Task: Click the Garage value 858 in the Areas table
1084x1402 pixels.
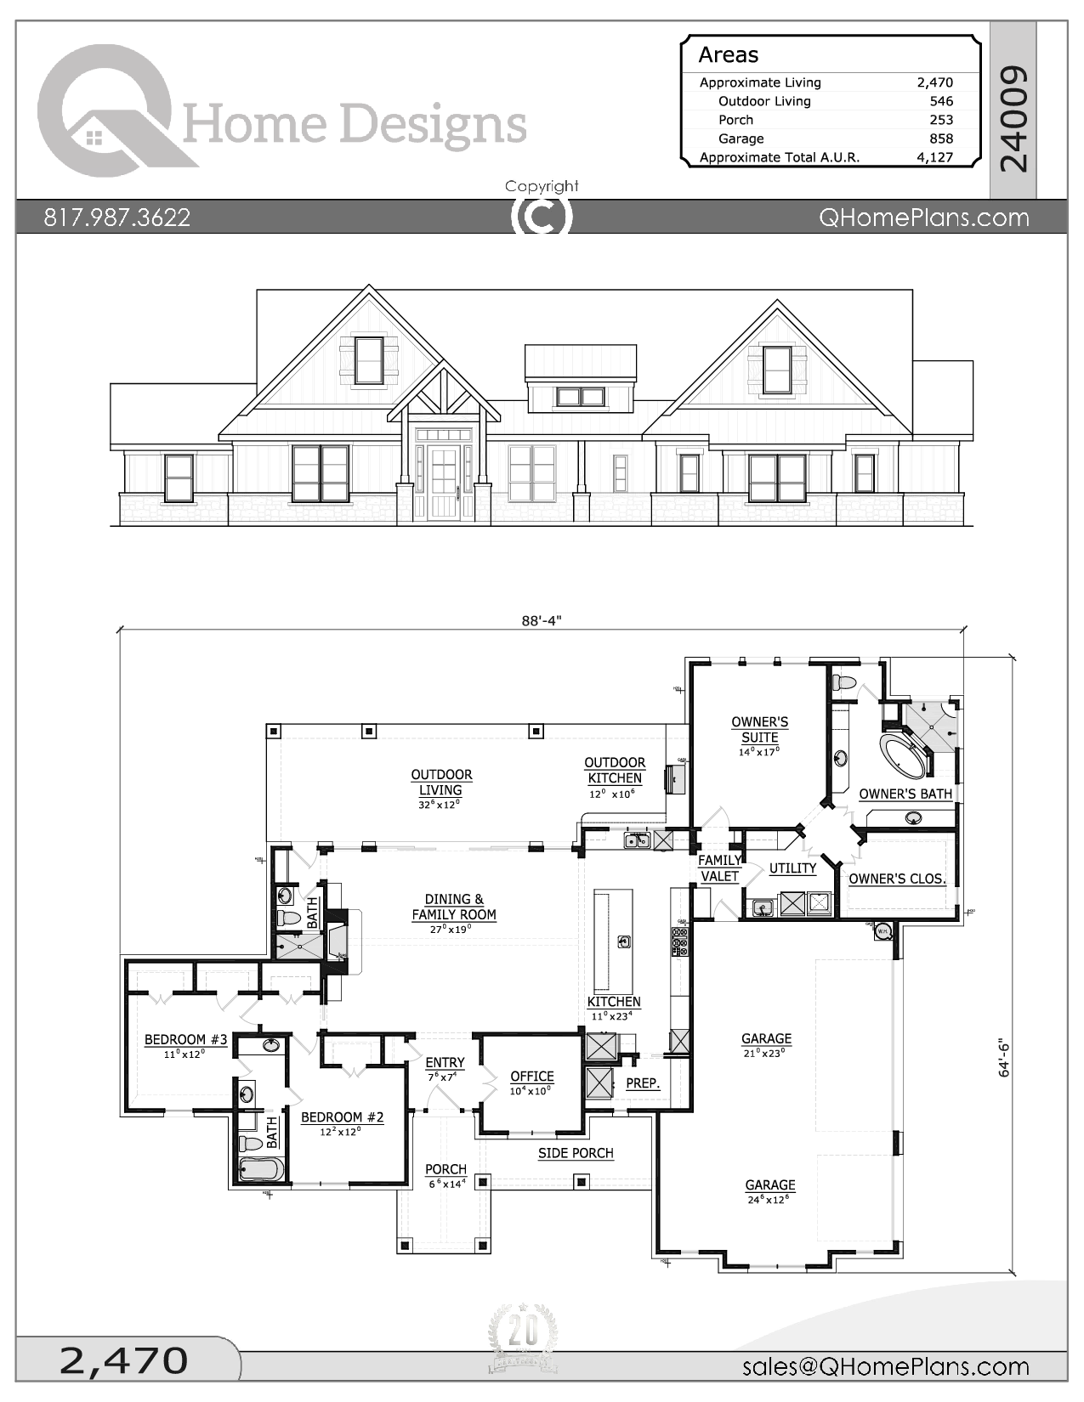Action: pyautogui.click(x=940, y=139)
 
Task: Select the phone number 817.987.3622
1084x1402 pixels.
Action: pyautogui.click(x=117, y=218)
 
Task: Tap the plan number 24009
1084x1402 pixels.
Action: pyautogui.click(x=1013, y=118)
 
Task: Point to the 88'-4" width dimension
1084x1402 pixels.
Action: pyautogui.click(x=542, y=620)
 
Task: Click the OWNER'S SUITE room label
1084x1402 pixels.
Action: pyautogui.click(x=759, y=730)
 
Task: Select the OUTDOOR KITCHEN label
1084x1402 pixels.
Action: pyautogui.click(x=614, y=771)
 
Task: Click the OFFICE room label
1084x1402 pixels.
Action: pyautogui.click(x=531, y=1077)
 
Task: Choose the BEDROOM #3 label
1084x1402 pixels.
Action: pyautogui.click(x=185, y=1040)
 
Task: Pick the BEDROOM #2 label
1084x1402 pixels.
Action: pyautogui.click(x=342, y=1117)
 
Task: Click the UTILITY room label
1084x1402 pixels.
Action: pyautogui.click(x=792, y=868)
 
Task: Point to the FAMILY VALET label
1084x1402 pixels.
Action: pyautogui.click(x=719, y=868)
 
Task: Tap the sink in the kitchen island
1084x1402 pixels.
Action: pyautogui.click(x=624, y=941)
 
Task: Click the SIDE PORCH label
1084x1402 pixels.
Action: pyautogui.click(x=576, y=1153)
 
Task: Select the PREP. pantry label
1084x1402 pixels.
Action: pyautogui.click(x=643, y=1083)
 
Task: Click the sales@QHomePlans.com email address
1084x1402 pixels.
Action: pyautogui.click(x=885, y=1366)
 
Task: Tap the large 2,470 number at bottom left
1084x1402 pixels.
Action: pyautogui.click(x=124, y=1360)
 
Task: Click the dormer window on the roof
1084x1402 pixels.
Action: pyautogui.click(x=581, y=396)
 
